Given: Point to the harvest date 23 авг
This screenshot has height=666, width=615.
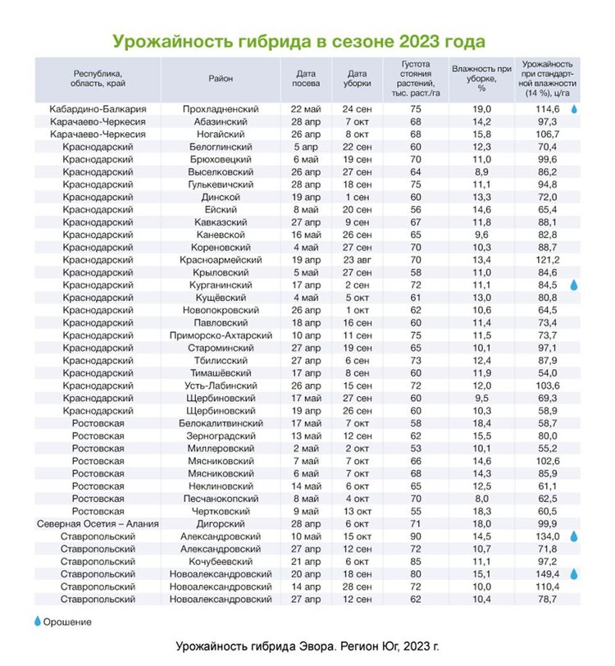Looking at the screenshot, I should point(358,260).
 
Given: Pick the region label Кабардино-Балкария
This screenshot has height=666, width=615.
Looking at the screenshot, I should point(98,109).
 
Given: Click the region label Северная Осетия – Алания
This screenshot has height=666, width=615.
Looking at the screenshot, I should point(98,523).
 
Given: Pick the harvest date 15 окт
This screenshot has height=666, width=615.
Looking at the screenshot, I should point(358,536).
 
